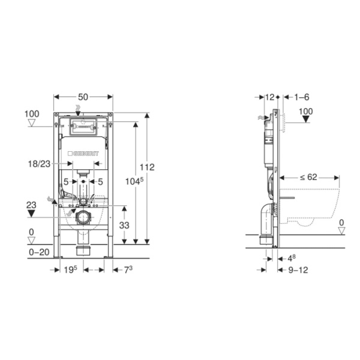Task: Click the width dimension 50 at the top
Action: click(x=83, y=97)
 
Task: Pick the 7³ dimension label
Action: click(x=127, y=270)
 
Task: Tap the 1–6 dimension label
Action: click(x=301, y=97)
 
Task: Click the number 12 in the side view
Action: click(x=269, y=97)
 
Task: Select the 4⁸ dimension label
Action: click(x=291, y=258)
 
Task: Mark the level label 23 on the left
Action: click(x=31, y=205)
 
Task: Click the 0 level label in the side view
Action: click(x=341, y=223)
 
